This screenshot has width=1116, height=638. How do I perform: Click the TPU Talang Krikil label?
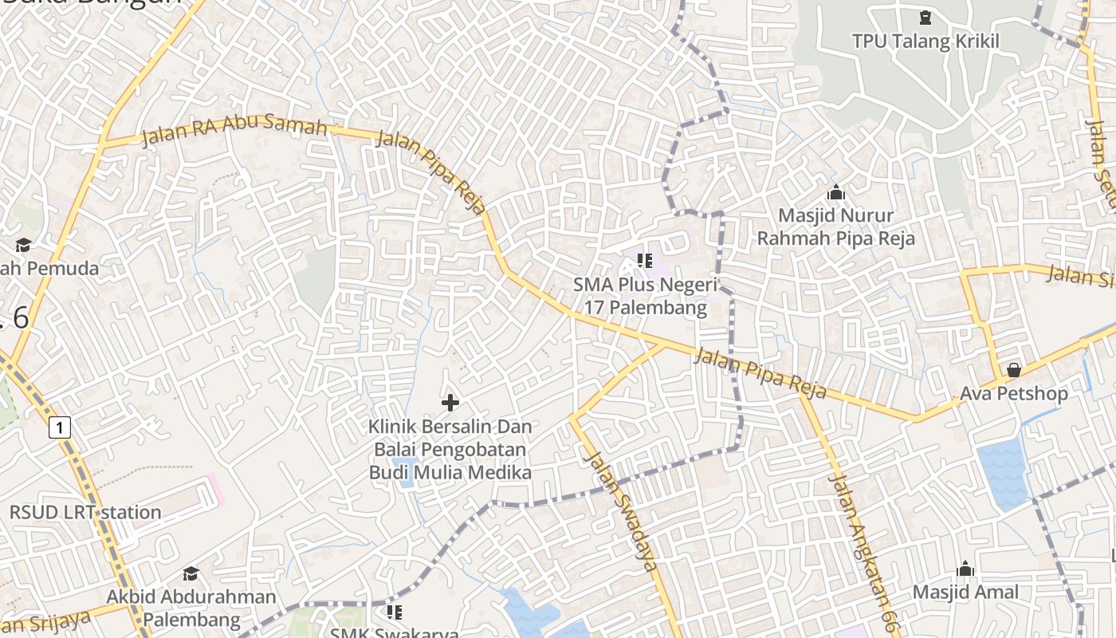(x=925, y=41)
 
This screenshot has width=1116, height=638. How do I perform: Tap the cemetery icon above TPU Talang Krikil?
(x=925, y=17)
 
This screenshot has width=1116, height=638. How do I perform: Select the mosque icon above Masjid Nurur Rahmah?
(x=835, y=192)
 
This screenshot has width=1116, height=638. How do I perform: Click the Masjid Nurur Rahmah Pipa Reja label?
(x=835, y=227)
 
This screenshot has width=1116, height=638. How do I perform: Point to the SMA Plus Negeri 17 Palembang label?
(x=645, y=296)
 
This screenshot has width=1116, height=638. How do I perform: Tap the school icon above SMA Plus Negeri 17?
(x=645, y=260)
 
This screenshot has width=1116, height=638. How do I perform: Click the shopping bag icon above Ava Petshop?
(x=1013, y=370)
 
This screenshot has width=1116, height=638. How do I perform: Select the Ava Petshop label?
(x=1013, y=393)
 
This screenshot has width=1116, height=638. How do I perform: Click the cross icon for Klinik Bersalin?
(x=450, y=403)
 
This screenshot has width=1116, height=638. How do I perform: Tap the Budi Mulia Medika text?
(x=450, y=472)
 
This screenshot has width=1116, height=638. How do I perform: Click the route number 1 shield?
(x=60, y=427)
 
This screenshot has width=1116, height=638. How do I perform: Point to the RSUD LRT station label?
(x=85, y=512)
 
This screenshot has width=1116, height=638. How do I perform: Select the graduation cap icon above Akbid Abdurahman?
(x=191, y=573)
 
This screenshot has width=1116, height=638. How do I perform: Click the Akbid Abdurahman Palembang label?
(x=191, y=608)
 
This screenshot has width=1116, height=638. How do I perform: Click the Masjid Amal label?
(x=965, y=592)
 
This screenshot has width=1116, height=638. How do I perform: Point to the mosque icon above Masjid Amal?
(x=965, y=569)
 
